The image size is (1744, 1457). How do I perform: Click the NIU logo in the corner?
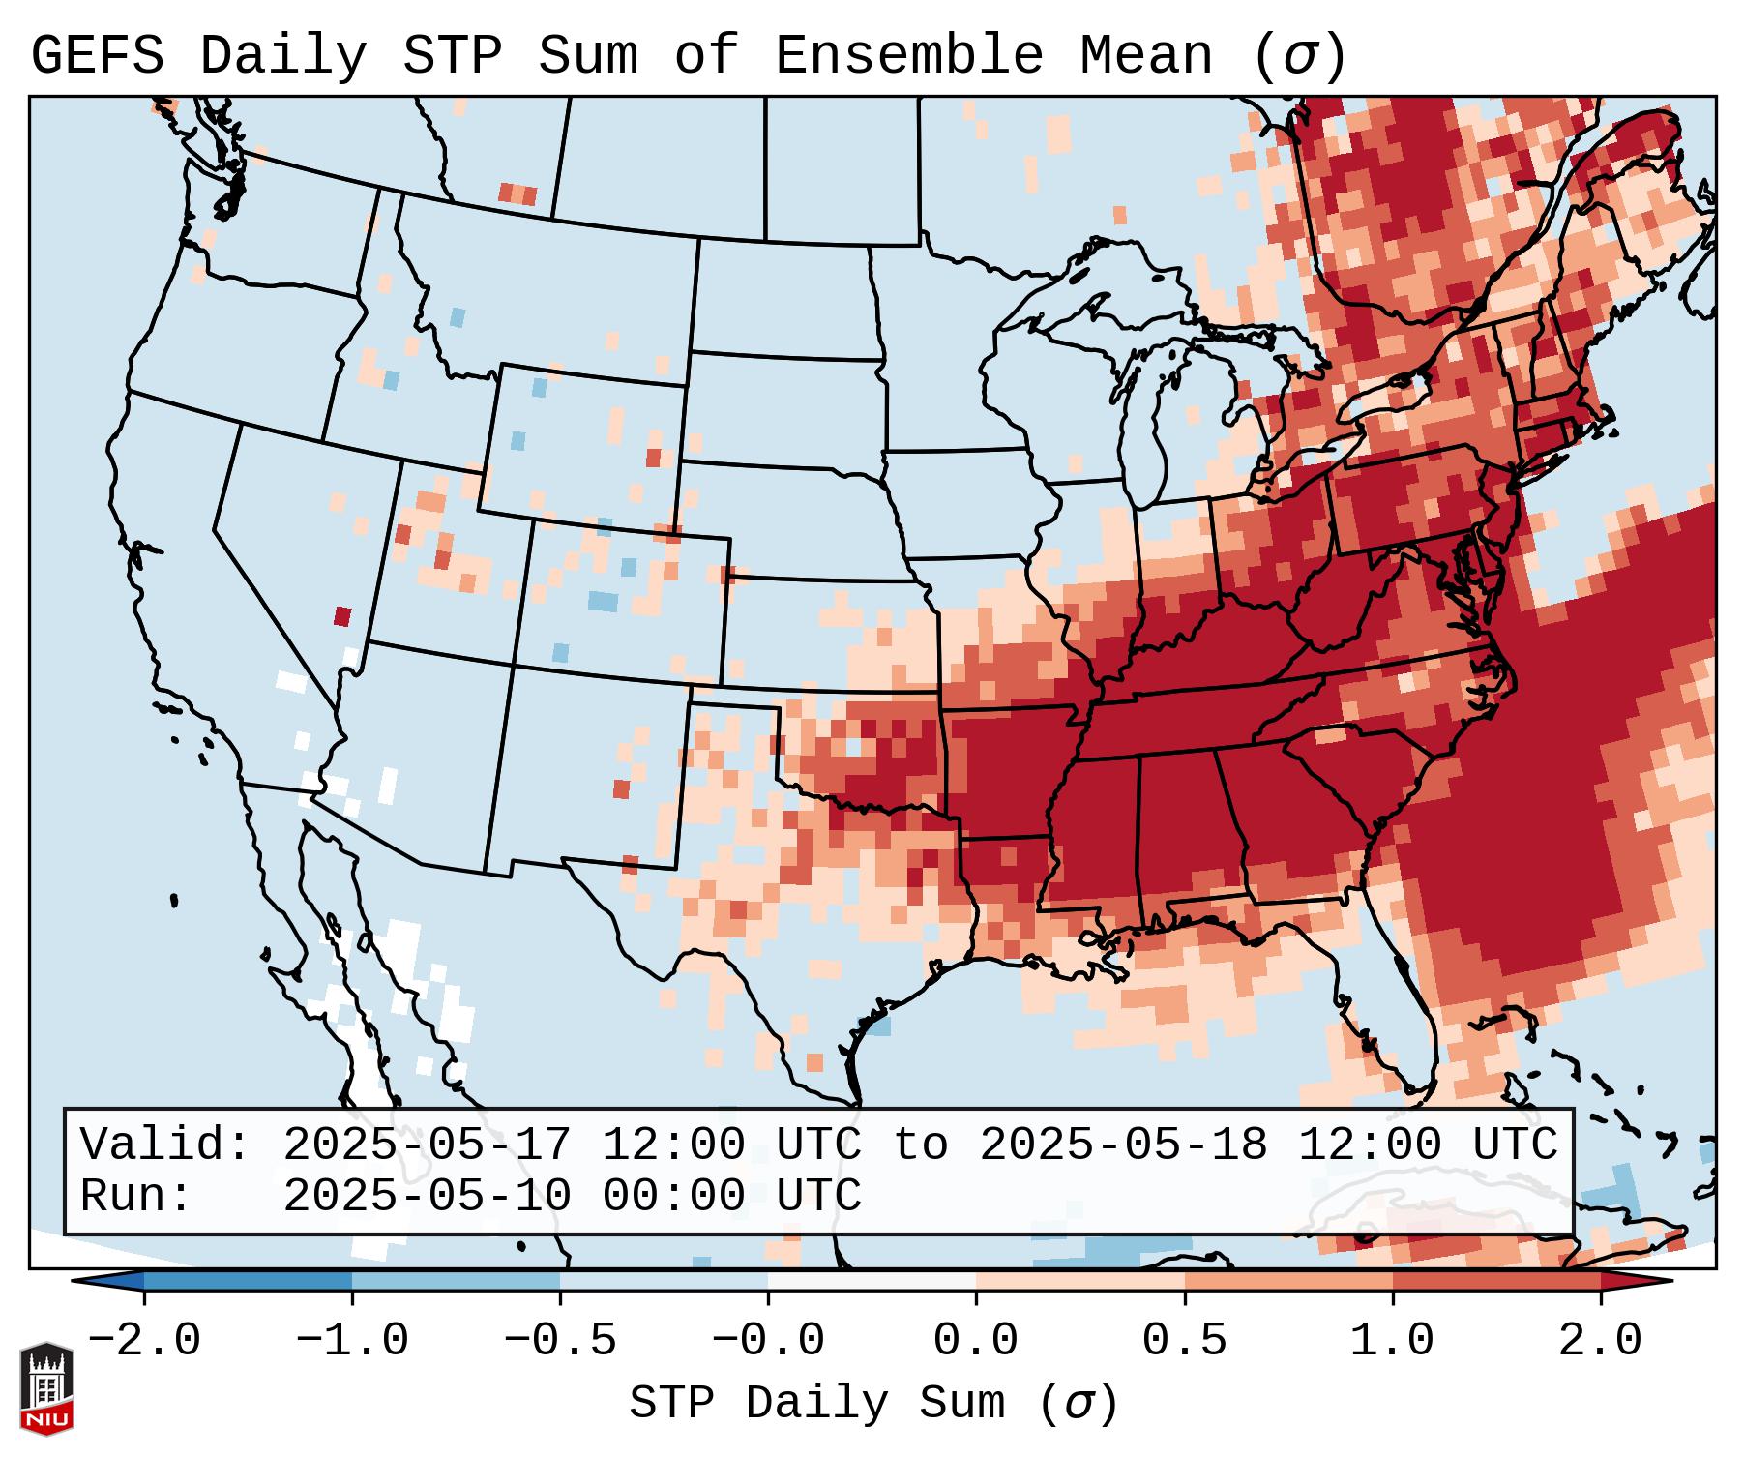pyautogui.click(x=46, y=1388)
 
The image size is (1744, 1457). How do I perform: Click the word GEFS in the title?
pyautogui.click(x=97, y=56)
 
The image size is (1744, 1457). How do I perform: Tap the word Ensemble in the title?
pyautogui.click(x=909, y=56)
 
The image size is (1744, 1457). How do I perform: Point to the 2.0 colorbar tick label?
pyautogui.click(x=1601, y=1341)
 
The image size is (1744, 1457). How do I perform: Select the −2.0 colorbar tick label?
pyautogui.click(x=144, y=1341)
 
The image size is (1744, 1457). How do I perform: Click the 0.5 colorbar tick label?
pyautogui.click(x=1185, y=1341)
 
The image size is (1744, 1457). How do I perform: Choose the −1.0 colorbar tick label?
pyautogui.click(x=352, y=1341)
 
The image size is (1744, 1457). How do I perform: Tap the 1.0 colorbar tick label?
pyautogui.click(x=1393, y=1341)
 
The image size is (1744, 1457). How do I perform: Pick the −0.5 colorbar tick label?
pyautogui.click(x=560, y=1341)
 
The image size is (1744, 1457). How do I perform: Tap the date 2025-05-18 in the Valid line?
pyautogui.click(x=1123, y=1145)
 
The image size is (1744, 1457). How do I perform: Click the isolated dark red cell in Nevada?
pyautogui.click(x=341, y=616)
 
